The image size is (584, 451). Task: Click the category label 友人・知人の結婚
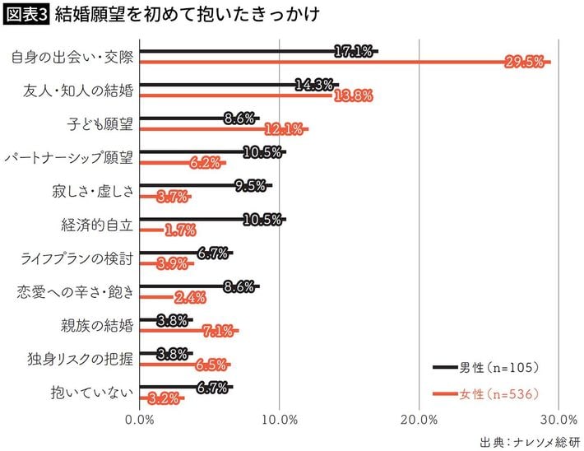[79, 90]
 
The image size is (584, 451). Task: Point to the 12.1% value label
[284, 129]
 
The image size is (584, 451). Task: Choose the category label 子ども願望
[100, 123]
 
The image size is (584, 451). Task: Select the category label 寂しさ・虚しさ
[91, 191]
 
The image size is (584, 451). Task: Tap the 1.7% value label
[179, 230]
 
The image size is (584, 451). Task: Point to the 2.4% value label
[190, 297]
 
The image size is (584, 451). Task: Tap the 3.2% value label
[162, 398]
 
